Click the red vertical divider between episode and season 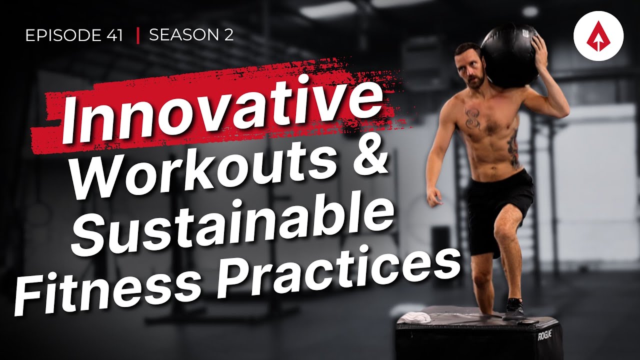click(137, 35)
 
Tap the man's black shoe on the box click(514, 309)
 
